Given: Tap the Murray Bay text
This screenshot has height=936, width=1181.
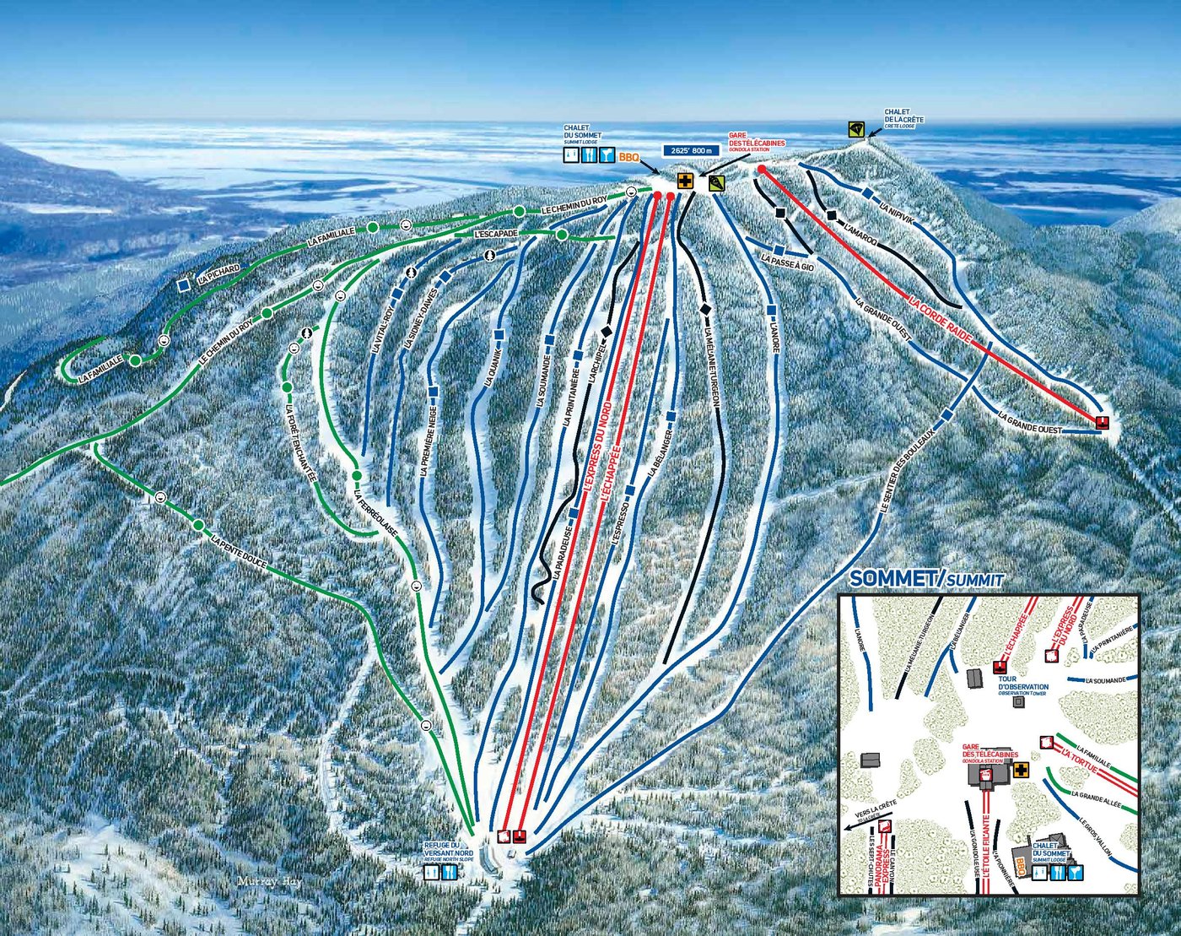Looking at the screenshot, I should [x=269, y=880].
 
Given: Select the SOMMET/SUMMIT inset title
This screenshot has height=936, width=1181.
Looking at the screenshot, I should [x=926, y=579].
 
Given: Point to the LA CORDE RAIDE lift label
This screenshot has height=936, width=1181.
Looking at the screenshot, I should [x=941, y=318].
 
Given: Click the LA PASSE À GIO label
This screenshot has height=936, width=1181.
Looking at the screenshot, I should [x=787, y=262].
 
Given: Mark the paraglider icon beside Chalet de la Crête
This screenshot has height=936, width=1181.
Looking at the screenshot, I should [x=857, y=129].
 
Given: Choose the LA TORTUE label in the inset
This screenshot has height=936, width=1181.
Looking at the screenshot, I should [x=1079, y=760].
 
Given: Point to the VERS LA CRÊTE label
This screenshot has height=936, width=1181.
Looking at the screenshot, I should [x=875, y=809].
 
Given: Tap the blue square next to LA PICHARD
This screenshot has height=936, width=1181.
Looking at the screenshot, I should [x=184, y=285].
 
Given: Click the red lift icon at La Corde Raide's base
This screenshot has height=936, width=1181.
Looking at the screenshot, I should [x=1102, y=422].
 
